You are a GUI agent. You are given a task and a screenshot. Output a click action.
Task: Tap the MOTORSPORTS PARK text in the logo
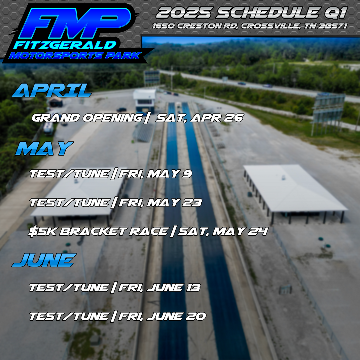click(x=74, y=56)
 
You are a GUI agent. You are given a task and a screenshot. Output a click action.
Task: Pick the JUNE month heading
click(x=44, y=260)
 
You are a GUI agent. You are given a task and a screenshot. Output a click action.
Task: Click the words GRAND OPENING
click(x=87, y=118)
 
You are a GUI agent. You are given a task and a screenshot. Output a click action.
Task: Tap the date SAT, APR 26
click(x=199, y=118)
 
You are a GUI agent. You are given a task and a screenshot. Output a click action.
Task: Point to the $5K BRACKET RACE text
click(x=98, y=231)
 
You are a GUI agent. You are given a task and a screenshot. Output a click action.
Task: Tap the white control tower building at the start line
click(x=145, y=99)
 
